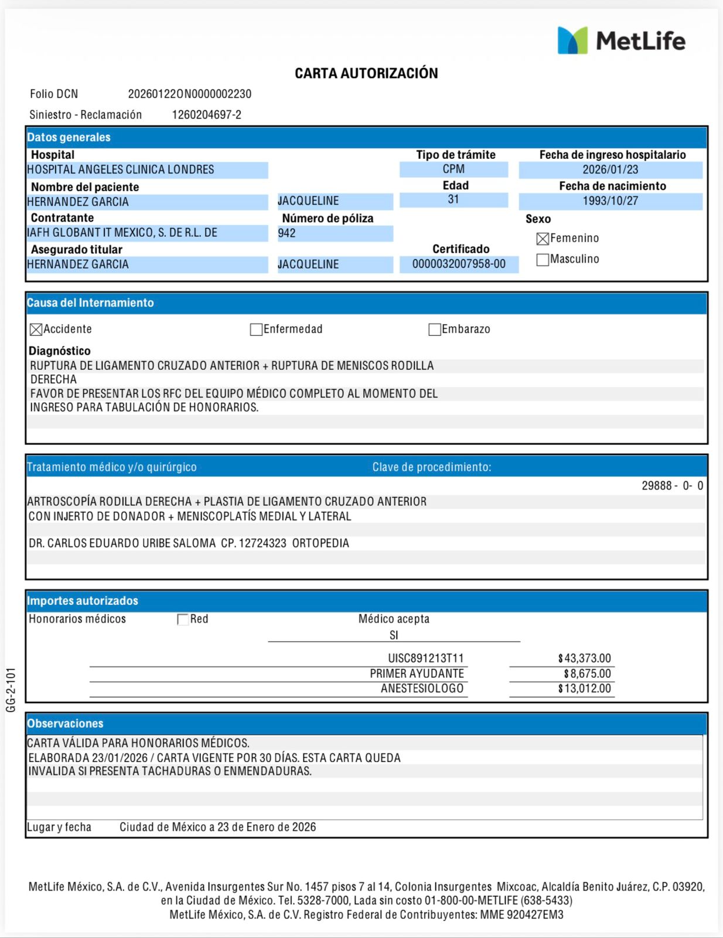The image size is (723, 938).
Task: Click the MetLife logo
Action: pos(621,40)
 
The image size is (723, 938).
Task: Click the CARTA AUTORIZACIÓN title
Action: pos(366,73)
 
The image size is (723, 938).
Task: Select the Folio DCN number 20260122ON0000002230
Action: pos(189,94)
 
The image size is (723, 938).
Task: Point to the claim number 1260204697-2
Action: pos(206,115)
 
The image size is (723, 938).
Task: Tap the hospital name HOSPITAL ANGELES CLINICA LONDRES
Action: pos(121,170)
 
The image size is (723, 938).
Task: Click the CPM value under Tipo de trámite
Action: pos(453,169)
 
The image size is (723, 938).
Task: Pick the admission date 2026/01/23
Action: pos(610,170)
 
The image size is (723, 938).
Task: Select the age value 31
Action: pos(453,200)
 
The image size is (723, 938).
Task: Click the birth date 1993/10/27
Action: pos(610,201)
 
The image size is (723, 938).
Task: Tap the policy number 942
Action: pos(287,233)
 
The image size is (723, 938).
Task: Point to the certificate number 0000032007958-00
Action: pos(459,264)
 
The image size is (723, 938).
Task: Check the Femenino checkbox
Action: pos(543,239)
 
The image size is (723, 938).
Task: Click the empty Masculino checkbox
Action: pos(543,260)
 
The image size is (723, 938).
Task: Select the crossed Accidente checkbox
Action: pos(36,329)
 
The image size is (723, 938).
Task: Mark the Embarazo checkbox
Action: pos(434,329)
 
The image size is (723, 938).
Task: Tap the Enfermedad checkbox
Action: pos(256,329)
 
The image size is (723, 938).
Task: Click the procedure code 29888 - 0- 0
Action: pos(672,486)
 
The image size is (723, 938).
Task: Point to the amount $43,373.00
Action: pos(584,658)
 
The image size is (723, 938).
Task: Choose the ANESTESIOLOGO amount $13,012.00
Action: pos(584,689)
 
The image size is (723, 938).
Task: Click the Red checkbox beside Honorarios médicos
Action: pos(183,620)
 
